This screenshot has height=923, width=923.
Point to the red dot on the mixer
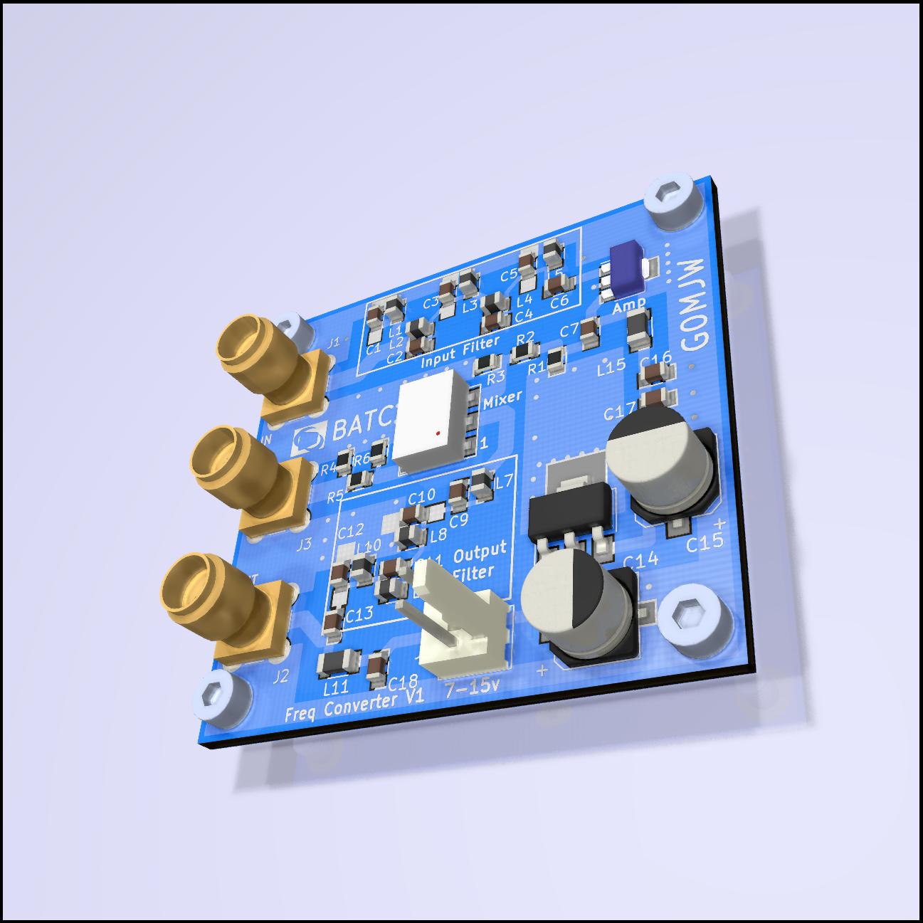[438, 432]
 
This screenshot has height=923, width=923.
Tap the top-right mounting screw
[673, 199]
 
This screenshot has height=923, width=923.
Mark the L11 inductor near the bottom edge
[333, 665]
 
